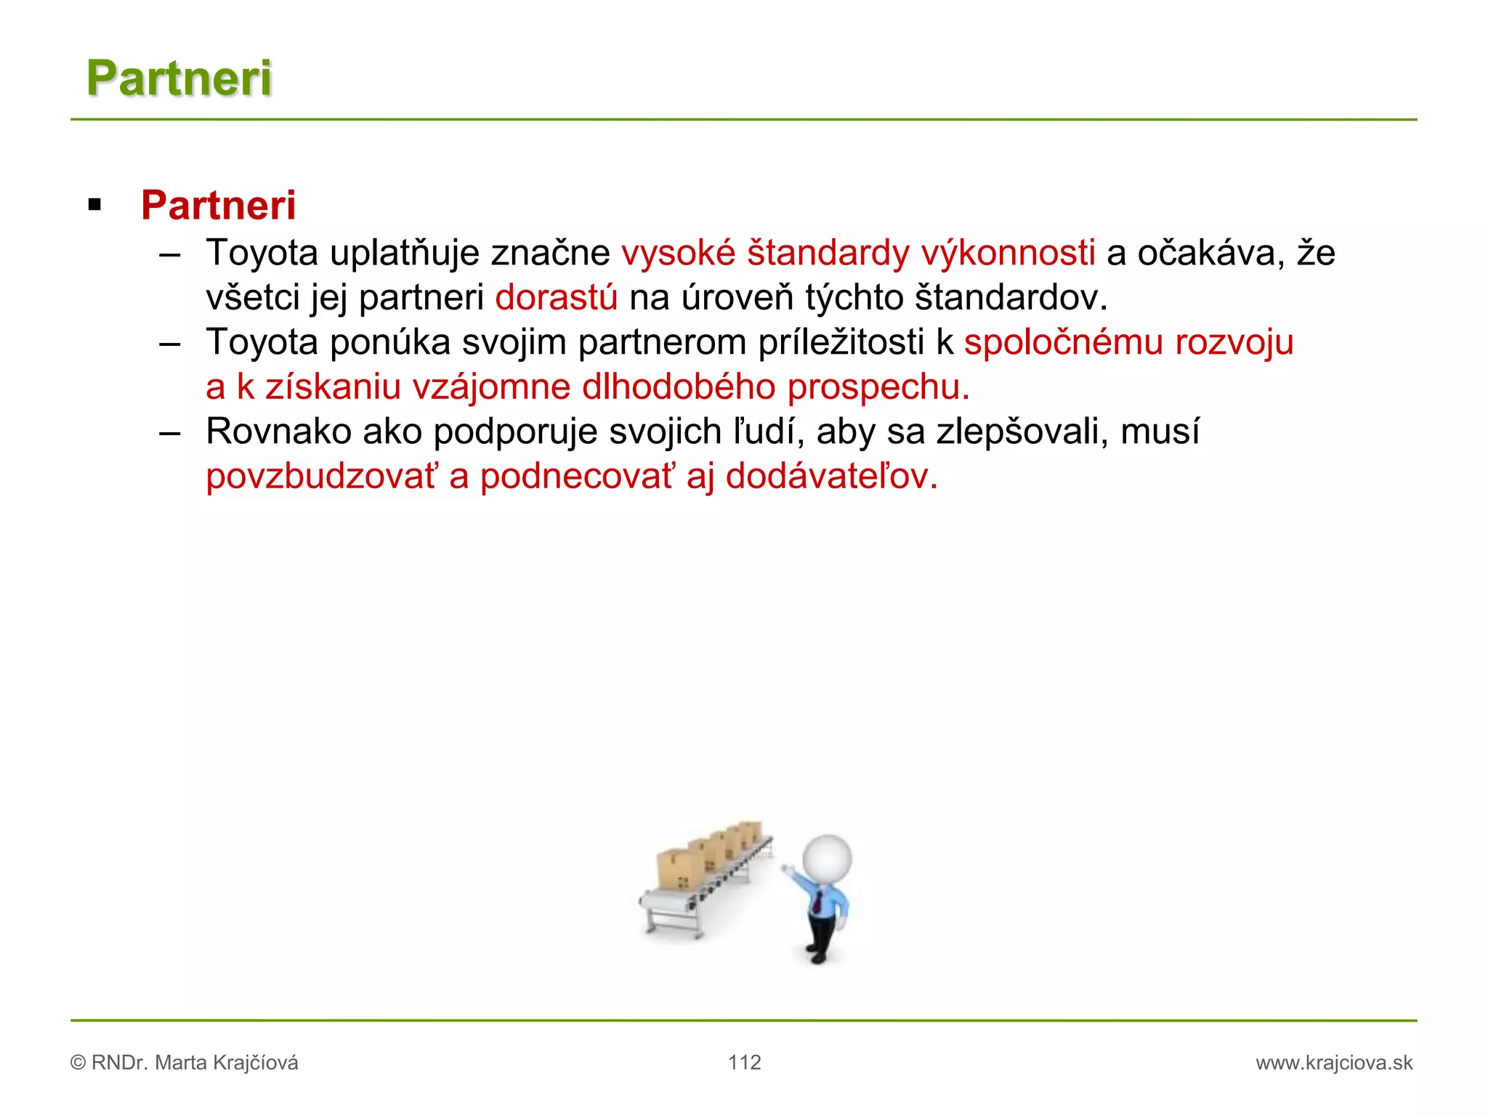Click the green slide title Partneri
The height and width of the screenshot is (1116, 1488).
(179, 78)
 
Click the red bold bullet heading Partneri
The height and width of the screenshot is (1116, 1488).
(218, 206)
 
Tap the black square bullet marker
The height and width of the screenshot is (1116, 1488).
(94, 206)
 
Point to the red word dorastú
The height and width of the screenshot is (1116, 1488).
(556, 298)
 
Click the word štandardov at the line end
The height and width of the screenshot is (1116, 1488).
(1010, 298)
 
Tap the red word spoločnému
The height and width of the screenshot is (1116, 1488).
(1064, 342)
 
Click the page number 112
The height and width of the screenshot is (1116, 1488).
(744, 1062)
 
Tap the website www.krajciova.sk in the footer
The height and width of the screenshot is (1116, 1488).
(1334, 1063)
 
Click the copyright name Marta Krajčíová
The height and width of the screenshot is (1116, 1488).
(226, 1063)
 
